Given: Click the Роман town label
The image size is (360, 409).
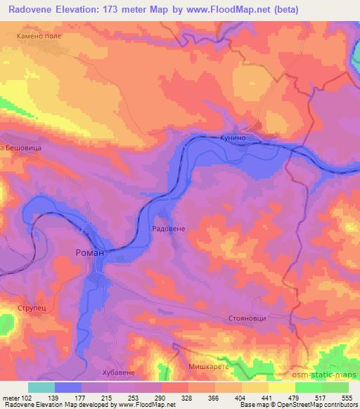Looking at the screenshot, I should [89, 252].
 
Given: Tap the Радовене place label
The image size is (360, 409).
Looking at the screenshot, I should [169, 230].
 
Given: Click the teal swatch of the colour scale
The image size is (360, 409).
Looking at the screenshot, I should [41, 387].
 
